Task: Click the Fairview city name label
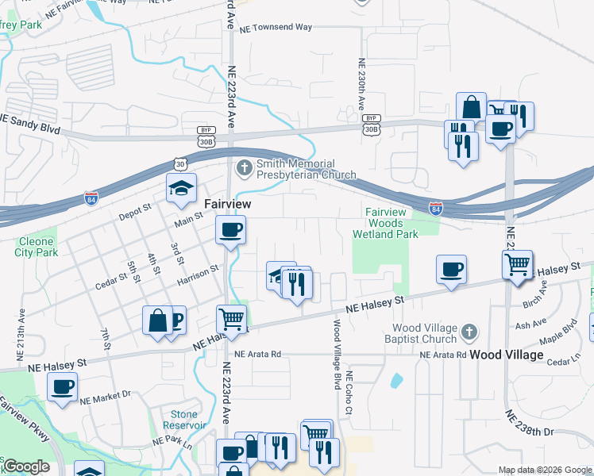pyautogui.click(x=228, y=204)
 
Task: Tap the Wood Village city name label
pyautogui.click(x=507, y=355)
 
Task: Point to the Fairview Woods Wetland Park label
pyautogui.click(x=391, y=223)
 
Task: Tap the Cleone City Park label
pyautogui.click(x=36, y=247)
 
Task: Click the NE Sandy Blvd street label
pyautogui.click(x=30, y=122)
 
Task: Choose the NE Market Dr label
pyautogui.click(x=104, y=393)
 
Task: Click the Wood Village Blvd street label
pyautogui.click(x=337, y=354)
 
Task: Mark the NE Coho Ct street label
pyautogui.click(x=348, y=393)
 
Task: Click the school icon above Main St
pyautogui.click(x=181, y=188)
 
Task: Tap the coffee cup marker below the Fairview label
pyautogui.click(x=231, y=231)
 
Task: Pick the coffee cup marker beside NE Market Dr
pyautogui.click(x=62, y=388)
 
